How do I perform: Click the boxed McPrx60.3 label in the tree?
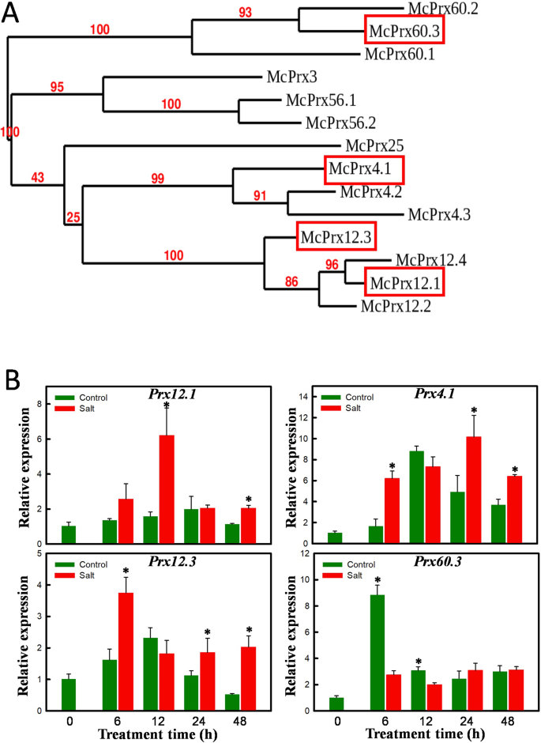[x=403, y=32]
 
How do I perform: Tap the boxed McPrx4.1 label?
[x=364, y=169]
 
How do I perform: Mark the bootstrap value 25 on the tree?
[x=73, y=216]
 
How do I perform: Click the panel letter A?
[x=12, y=15]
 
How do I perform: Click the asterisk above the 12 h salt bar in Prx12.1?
[x=166, y=407]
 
